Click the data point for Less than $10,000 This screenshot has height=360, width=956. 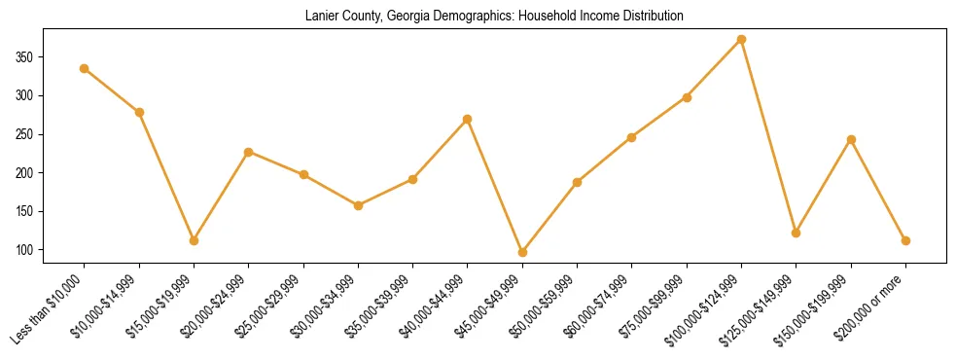tap(85, 68)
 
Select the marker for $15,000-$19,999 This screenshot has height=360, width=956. tap(194, 240)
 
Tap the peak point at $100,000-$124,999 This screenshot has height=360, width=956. tap(741, 39)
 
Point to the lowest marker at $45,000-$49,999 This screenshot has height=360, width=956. tap(522, 252)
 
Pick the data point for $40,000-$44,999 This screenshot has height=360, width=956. tap(468, 119)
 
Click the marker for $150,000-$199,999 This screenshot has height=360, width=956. tap(851, 139)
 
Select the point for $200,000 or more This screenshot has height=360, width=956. tap(905, 240)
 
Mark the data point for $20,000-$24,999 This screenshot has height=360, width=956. tap(249, 152)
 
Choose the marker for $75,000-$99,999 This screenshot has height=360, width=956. tap(687, 97)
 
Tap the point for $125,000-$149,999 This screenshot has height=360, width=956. tap(796, 233)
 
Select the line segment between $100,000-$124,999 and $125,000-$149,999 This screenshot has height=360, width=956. tap(768, 136)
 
